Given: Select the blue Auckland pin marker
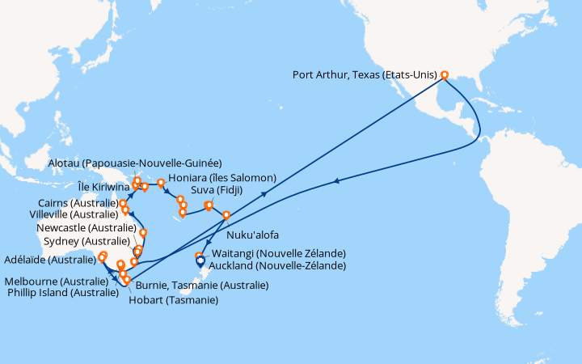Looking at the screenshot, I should pos(200,262).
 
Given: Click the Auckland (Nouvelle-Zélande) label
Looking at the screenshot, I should pos(277,265).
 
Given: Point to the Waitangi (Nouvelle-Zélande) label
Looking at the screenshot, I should pos(277,253).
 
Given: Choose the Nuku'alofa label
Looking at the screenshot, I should pos(255,235).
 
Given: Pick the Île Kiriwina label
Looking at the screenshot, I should pos(103,186).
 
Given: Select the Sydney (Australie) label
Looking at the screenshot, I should pos(83,241).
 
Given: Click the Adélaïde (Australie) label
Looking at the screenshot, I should pos(48,260).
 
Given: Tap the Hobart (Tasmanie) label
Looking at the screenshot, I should pos(172,300).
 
